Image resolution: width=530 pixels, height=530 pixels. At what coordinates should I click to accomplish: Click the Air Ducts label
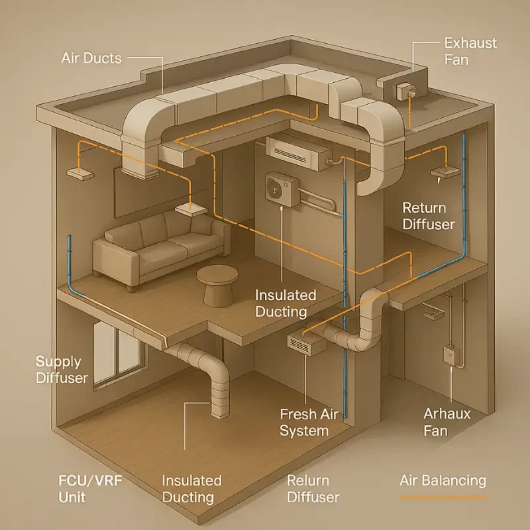pyautogui.click(x=92, y=58)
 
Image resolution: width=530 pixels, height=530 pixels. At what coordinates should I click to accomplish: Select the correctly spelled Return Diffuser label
pyautogui.click(x=429, y=216)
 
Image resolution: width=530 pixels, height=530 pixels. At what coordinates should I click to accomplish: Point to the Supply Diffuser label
pyautogui.click(x=62, y=370)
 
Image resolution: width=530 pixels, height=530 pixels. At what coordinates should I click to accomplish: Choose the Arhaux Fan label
pyautogui.click(x=447, y=423)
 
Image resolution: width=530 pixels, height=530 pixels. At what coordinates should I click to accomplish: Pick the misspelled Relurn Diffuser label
pyautogui.click(x=313, y=489)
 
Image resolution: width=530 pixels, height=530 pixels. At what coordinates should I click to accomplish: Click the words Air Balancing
pyautogui.click(x=443, y=480)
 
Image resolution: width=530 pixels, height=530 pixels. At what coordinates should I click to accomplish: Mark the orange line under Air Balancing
pyautogui.click(x=443, y=496)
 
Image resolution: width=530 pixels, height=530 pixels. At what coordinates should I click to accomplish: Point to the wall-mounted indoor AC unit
pyautogui.click(x=297, y=152)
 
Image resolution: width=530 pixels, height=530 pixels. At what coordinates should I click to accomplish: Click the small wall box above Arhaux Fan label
pyautogui.click(x=450, y=354)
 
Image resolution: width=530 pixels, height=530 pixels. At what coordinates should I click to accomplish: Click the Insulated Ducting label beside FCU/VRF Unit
pyautogui.click(x=191, y=489)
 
